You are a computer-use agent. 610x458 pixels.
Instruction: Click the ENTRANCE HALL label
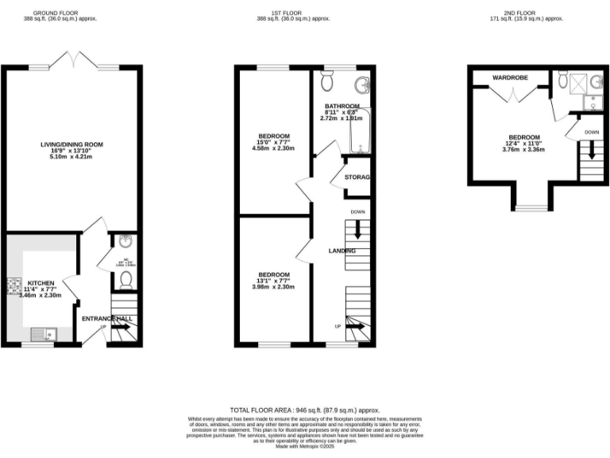106,319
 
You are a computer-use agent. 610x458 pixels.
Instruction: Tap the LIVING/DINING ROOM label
72,145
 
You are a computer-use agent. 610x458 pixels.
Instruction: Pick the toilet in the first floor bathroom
327,80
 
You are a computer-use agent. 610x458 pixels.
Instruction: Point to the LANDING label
342,250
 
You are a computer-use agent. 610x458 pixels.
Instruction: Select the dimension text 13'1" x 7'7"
272,280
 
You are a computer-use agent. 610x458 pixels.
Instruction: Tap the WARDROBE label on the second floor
510,78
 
